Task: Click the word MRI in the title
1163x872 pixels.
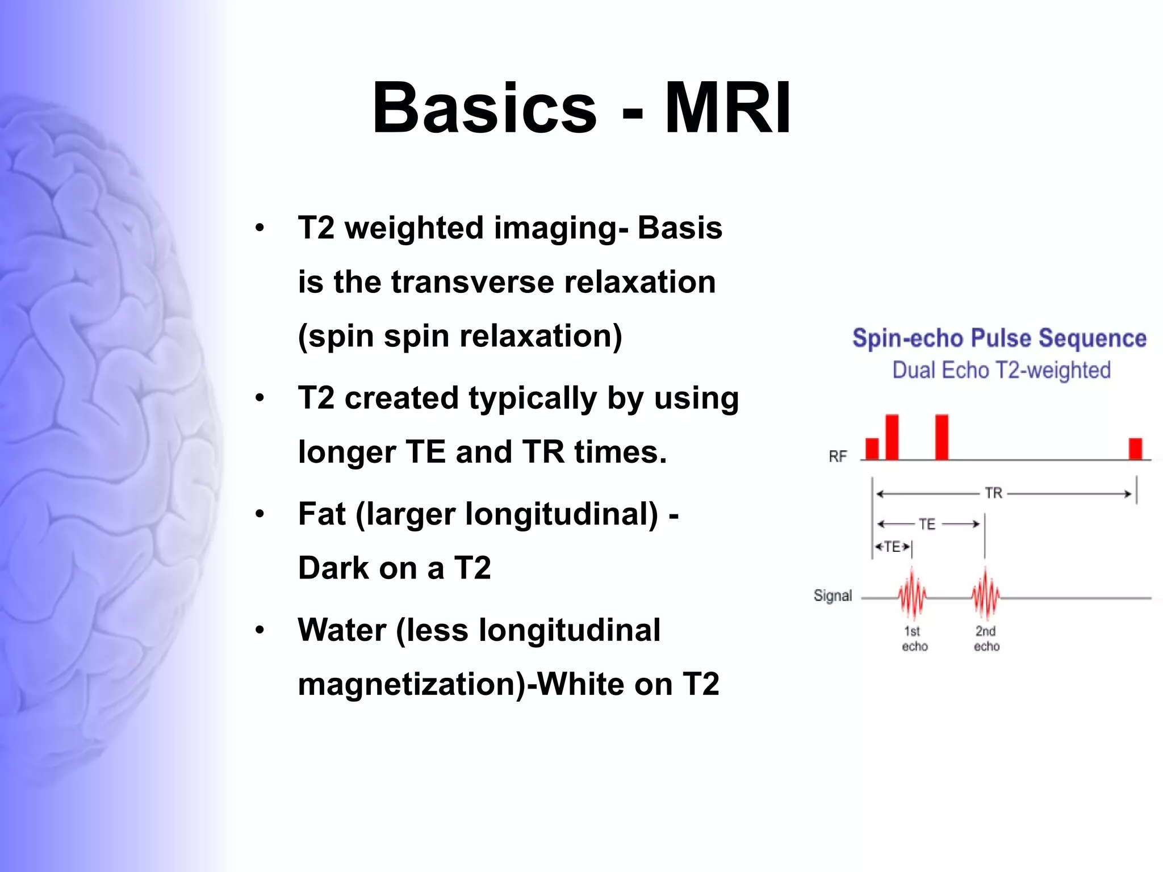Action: coord(727,108)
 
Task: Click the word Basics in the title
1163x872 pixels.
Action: coord(484,108)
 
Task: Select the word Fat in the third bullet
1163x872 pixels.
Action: coord(321,514)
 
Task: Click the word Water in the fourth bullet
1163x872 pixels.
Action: coord(342,630)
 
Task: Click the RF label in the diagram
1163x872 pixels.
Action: coord(838,456)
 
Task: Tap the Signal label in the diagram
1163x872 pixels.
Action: coord(832,596)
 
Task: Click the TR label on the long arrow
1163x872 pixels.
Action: coord(993,493)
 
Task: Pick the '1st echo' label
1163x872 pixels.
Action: coord(914,639)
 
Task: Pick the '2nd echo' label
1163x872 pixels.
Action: coord(986,639)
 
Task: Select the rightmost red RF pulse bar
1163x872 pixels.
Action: coord(1135,448)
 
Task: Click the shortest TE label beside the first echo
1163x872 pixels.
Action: coord(892,547)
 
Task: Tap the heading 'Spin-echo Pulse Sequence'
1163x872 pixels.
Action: coord(999,338)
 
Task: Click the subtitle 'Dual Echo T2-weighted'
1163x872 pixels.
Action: coord(1001,370)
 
